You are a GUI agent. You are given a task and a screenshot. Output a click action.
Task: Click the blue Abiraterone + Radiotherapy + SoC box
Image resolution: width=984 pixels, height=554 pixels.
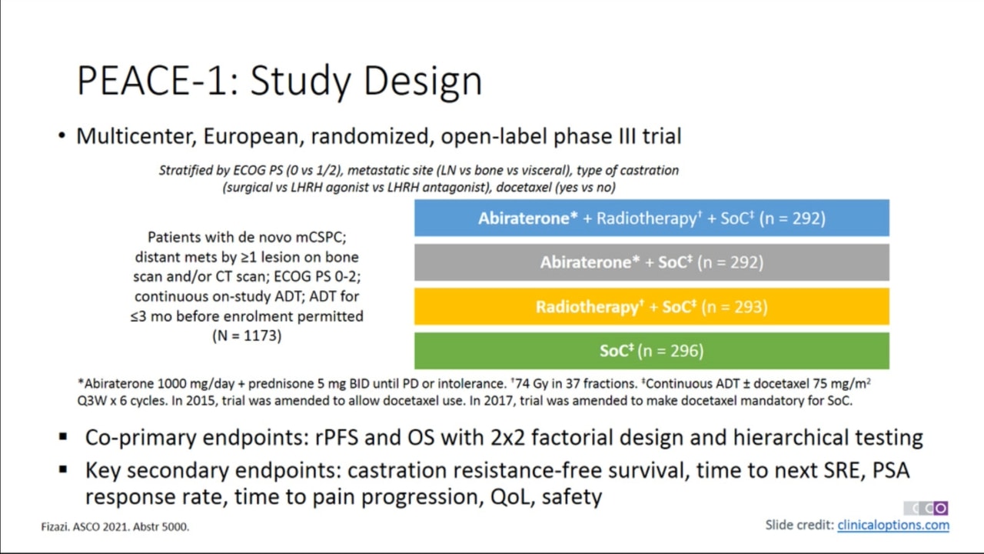coord(652,218)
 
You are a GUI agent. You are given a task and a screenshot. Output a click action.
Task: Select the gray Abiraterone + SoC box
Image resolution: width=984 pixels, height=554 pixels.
coord(652,262)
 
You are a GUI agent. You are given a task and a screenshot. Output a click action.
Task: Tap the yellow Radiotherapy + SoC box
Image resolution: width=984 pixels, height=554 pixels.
coord(652,306)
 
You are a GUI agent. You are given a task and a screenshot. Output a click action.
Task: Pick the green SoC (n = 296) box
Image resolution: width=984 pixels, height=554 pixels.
coord(652,351)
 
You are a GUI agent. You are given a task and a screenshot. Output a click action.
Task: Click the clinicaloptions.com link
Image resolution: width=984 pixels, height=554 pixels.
coord(893,525)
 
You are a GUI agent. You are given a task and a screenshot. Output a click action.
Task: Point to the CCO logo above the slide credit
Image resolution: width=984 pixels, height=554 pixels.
coord(926,508)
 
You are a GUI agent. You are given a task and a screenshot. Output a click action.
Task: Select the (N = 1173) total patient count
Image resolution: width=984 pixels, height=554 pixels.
coord(247,336)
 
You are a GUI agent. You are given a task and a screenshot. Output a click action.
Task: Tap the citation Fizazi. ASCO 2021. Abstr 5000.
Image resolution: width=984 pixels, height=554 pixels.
coord(115,527)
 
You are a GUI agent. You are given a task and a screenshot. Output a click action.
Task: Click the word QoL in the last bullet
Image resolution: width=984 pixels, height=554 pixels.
coord(512,497)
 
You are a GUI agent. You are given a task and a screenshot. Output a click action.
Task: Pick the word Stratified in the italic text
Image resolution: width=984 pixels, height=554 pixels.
coord(186,171)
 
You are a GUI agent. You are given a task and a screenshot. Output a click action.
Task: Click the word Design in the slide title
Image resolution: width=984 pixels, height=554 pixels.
coord(424,82)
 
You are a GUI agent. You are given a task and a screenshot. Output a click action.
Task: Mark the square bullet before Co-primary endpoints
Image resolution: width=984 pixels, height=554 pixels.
coord(63,436)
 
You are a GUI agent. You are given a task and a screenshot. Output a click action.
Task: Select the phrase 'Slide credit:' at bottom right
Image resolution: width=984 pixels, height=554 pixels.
coord(799,525)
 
